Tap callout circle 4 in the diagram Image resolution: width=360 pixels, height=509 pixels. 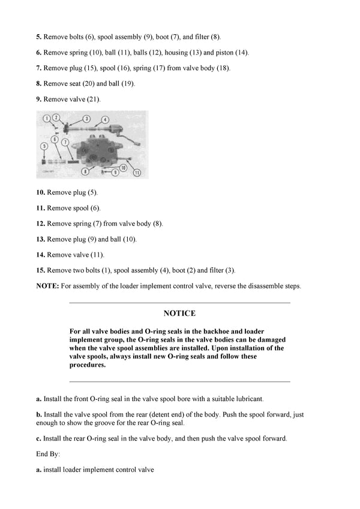[105, 119]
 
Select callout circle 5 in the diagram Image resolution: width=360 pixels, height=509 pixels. [44, 146]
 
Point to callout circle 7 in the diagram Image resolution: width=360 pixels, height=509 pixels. [65, 141]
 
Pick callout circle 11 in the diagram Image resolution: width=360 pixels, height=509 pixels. [136, 173]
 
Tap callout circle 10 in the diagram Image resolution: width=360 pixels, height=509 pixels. [123, 168]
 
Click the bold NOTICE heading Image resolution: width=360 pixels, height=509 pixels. [179, 314]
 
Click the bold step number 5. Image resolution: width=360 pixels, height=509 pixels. [39, 37]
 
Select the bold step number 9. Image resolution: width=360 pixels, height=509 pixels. [39, 99]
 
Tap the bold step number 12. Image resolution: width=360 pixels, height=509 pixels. [41, 224]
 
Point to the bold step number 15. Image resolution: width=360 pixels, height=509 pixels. [41, 270]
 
